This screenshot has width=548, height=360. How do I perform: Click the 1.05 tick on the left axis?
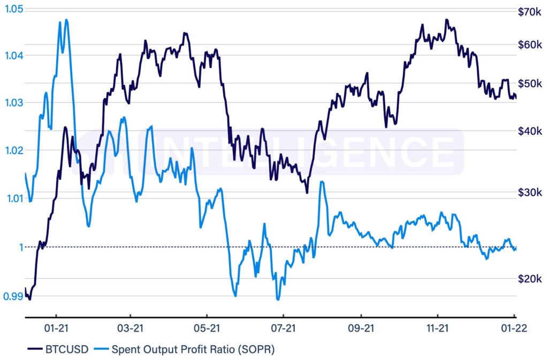coord(11,9)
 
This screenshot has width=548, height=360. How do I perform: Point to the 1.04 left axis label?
coord(11,55)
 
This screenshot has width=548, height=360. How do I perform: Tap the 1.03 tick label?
coord(11,103)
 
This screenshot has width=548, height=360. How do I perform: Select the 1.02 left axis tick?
coord(11,150)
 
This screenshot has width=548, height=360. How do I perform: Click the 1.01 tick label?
coord(11,198)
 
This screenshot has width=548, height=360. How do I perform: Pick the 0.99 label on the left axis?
coord(11,296)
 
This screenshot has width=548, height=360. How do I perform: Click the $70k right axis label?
coord(530,11)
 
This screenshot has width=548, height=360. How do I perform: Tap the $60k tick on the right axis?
coord(530,44)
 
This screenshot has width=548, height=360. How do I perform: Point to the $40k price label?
coord(530,131)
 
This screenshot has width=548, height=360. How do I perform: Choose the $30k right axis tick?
coord(530,193)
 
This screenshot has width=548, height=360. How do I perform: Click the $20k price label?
coord(530,279)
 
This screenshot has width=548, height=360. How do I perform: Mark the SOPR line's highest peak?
coord(66,20)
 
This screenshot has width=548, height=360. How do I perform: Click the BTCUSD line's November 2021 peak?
coord(446,20)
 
